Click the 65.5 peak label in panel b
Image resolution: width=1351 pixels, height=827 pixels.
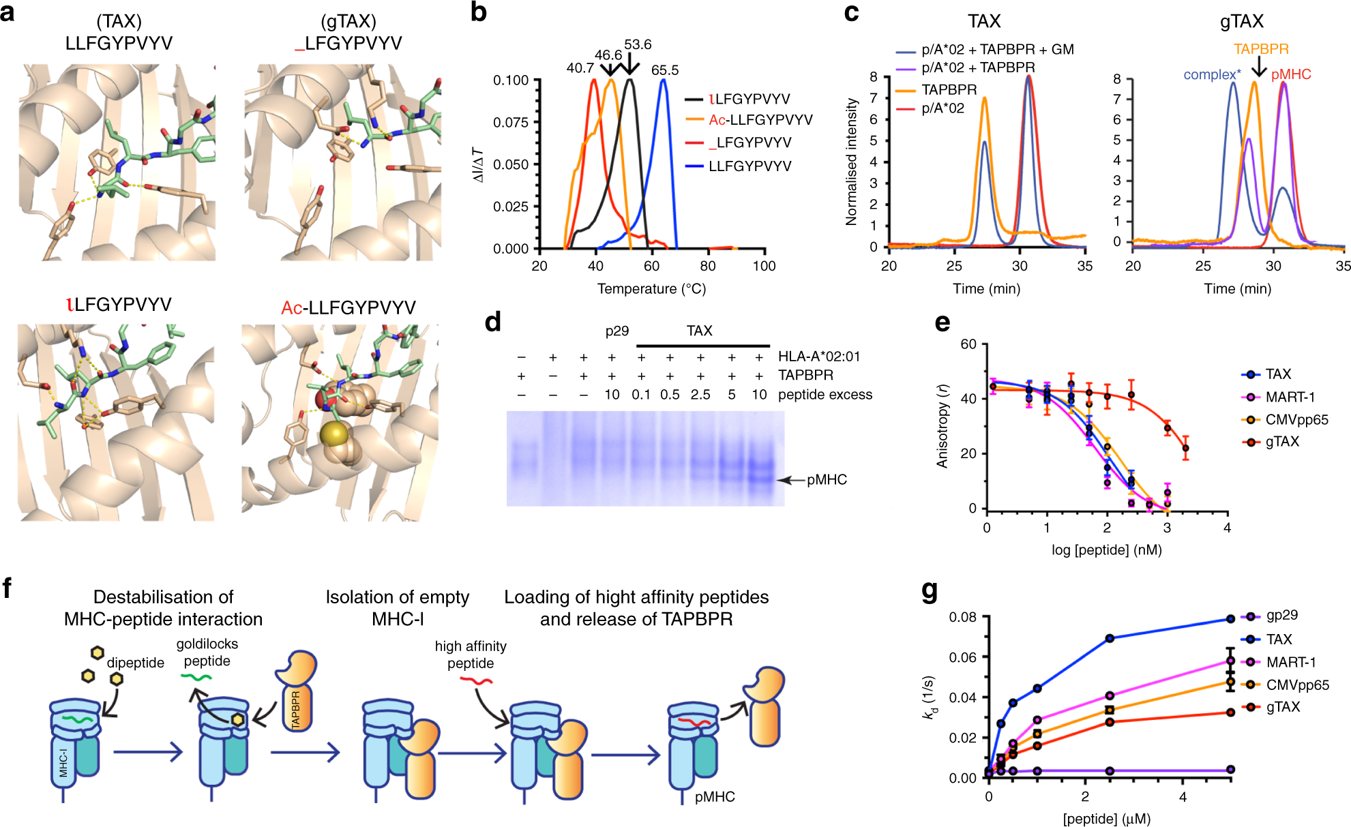point(664,70)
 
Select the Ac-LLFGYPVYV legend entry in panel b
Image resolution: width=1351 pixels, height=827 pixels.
point(760,120)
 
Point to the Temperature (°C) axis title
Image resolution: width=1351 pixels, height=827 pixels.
point(651,289)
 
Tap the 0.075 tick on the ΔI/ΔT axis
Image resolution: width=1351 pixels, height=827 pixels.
point(511,122)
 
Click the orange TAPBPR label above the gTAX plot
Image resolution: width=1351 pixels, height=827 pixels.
point(1261,49)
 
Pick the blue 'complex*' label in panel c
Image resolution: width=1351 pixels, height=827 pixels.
point(1212,74)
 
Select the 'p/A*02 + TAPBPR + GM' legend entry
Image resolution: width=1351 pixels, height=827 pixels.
point(997,49)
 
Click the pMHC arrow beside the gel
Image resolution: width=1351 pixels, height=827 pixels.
point(791,480)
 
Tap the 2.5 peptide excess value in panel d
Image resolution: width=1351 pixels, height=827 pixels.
point(700,395)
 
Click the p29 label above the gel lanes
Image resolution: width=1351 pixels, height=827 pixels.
point(617,331)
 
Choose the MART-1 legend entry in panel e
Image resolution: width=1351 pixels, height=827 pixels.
point(1290,397)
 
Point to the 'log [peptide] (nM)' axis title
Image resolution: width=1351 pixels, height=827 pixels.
point(1106,550)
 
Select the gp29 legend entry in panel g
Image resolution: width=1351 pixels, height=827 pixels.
point(1281,615)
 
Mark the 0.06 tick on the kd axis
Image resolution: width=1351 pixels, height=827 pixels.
point(962,657)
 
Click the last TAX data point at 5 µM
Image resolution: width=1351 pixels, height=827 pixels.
point(1230,619)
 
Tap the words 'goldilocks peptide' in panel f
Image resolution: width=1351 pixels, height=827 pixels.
point(207,652)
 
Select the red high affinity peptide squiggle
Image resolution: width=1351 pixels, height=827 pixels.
point(475,680)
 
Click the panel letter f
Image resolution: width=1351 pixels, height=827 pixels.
point(8,588)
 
